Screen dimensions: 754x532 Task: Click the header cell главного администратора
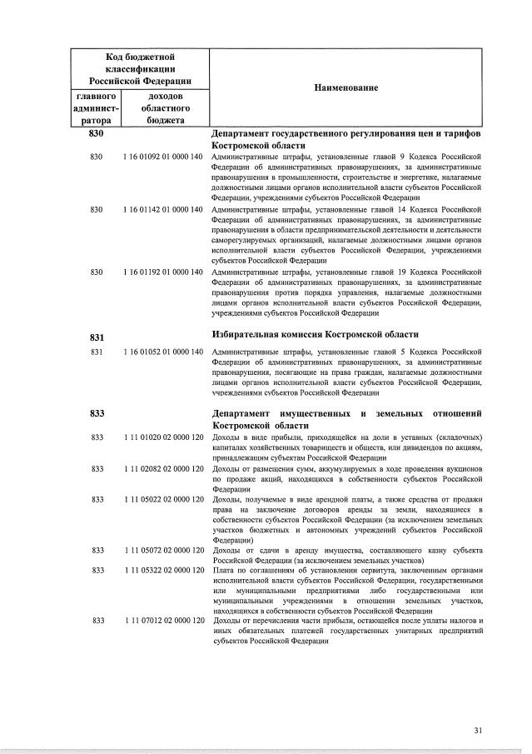pos(96,108)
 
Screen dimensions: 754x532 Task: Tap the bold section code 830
pos(96,134)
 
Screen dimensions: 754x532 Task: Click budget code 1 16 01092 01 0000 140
pos(163,157)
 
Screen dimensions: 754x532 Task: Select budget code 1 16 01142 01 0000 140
pos(163,209)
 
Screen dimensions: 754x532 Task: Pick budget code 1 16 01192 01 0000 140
pos(163,272)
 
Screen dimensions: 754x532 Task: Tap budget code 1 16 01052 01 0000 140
pos(163,352)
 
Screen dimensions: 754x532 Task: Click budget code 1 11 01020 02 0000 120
pos(163,437)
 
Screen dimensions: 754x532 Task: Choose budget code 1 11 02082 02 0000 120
pos(163,469)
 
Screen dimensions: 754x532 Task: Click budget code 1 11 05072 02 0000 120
pos(163,551)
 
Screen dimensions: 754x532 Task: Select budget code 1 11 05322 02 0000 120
pos(163,570)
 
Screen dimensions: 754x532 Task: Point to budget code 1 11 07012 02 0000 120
pos(163,621)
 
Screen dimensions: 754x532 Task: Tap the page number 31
pos(478,731)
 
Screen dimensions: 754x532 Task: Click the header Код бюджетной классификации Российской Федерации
pos(140,68)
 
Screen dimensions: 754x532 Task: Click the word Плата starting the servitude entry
pos(223,570)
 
